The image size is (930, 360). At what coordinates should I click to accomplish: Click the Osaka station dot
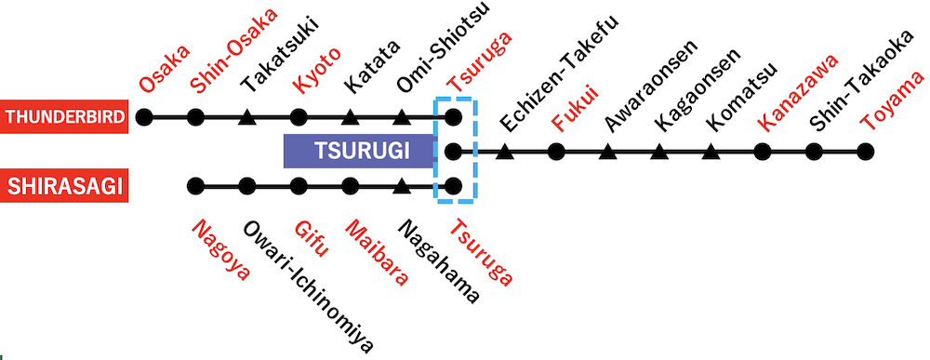pyautogui.click(x=143, y=117)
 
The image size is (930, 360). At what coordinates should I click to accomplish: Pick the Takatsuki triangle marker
pyautogui.click(x=246, y=117)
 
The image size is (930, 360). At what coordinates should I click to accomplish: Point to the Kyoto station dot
pyautogui.click(x=299, y=117)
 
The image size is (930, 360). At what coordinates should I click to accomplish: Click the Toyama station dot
pyautogui.click(x=866, y=151)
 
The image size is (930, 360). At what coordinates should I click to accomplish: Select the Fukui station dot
pyautogui.click(x=556, y=151)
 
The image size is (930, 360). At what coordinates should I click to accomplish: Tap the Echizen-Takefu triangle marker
pyautogui.click(x=504, y=151)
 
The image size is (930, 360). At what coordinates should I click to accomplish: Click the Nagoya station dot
pyautogui.click(x=194, y=185)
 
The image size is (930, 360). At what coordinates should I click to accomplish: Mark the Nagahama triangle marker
pyautogui.click(x=402, y=185)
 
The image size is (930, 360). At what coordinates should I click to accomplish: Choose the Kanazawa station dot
pyautogui.click(x=763, y=151)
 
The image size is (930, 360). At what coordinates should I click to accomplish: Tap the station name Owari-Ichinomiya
pyautogui.click(x=307, y=288)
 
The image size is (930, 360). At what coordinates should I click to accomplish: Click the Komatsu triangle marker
pyautogui.click(x=711, y=151)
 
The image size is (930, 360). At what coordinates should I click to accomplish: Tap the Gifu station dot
pyautogui.click(x=299, y=185)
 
